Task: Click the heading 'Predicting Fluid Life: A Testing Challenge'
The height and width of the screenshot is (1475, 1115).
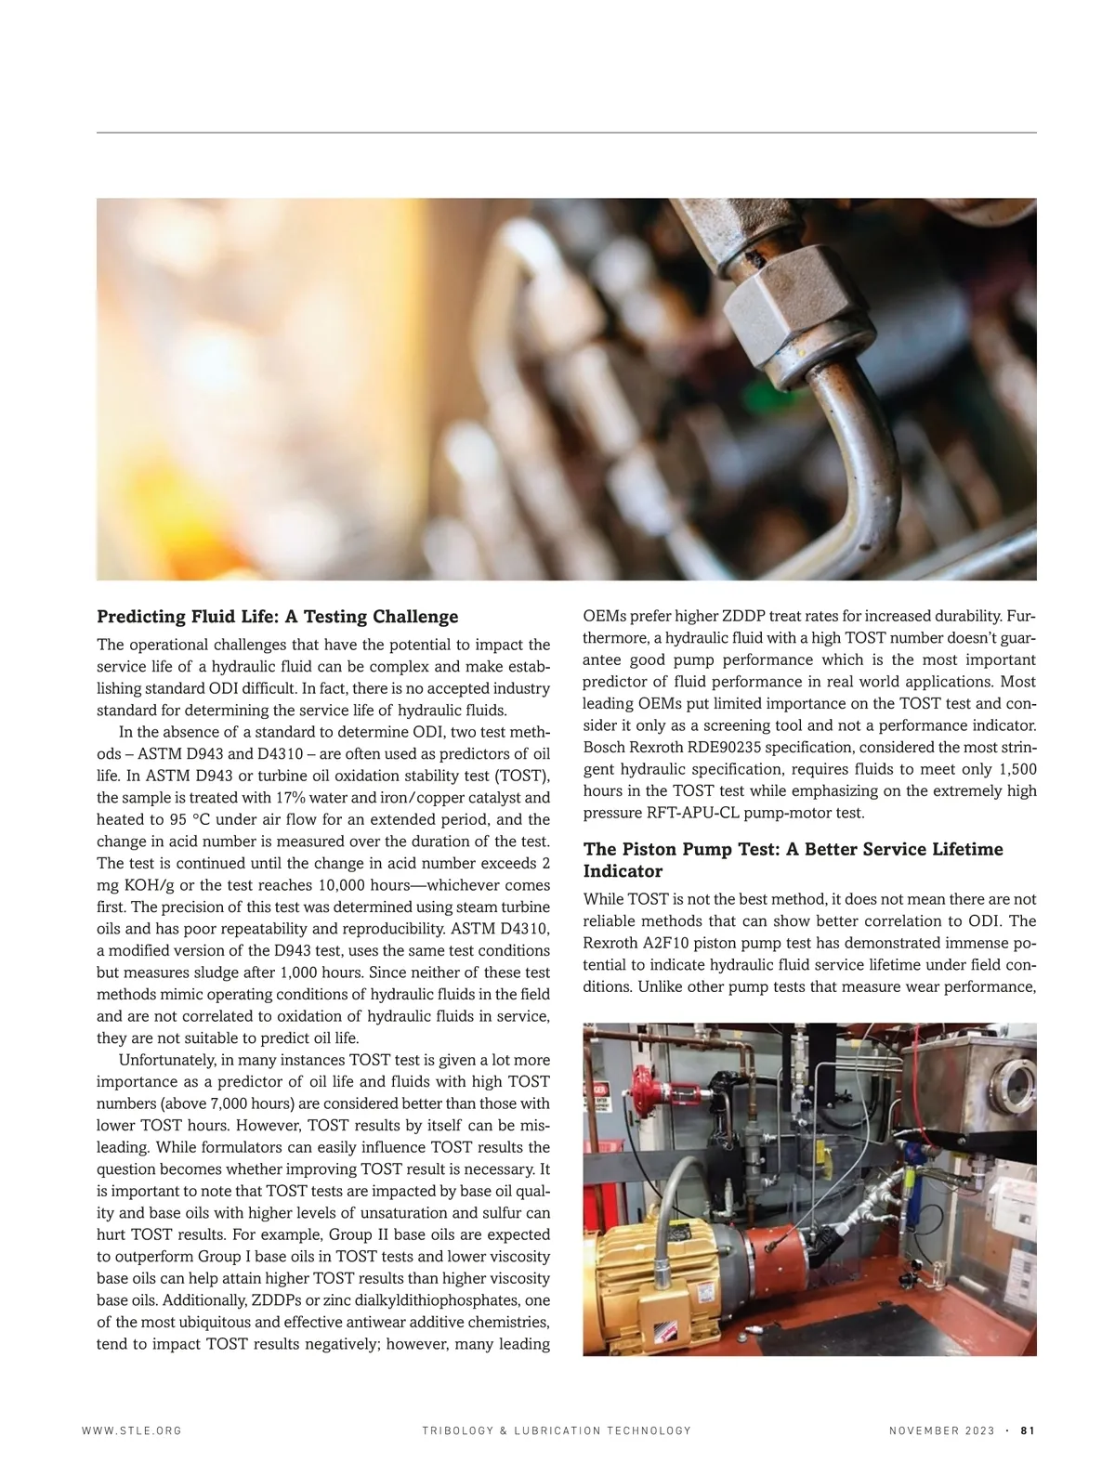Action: click(278, 617)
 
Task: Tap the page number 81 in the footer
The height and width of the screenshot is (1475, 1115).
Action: click(1028, 1430)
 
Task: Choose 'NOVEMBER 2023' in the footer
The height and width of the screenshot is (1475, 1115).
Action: click(941, 1430)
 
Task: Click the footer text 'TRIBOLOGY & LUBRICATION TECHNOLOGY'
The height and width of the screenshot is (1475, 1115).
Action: click(557, 1430)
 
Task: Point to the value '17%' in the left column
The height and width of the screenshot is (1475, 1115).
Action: click(291, 798)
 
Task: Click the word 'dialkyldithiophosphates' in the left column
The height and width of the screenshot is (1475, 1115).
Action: click(425, 1300)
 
